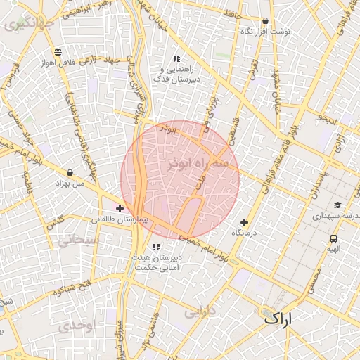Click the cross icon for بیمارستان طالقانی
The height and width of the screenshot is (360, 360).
click(120, 208)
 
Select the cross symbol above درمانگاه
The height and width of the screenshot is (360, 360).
click(245, 222)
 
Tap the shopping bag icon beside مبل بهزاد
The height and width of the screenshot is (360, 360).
click(70, 172)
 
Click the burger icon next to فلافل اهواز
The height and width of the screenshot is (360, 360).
click(56, 51)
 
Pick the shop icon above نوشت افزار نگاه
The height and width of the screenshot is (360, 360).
click(264, 21)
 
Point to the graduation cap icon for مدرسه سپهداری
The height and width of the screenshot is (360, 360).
click(337, 205)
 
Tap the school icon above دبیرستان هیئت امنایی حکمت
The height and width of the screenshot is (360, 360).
click(156, 247)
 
